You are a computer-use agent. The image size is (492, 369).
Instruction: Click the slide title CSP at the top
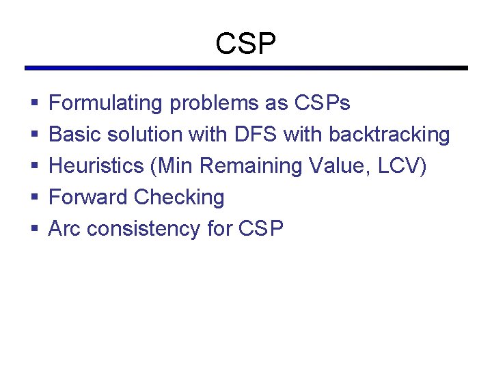coord(246,44)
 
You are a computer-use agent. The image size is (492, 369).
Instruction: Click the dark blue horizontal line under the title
coord(246,68)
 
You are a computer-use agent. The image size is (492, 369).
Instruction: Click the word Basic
coord(72,135)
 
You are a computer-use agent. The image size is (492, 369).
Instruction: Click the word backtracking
coord(389,135)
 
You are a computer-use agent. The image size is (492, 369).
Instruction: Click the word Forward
coord(88,197)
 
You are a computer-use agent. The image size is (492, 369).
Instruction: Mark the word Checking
coord(179,197)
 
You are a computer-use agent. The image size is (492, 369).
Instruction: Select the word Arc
coord(65,229)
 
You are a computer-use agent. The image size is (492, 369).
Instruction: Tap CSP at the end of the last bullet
coord(261,229)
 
